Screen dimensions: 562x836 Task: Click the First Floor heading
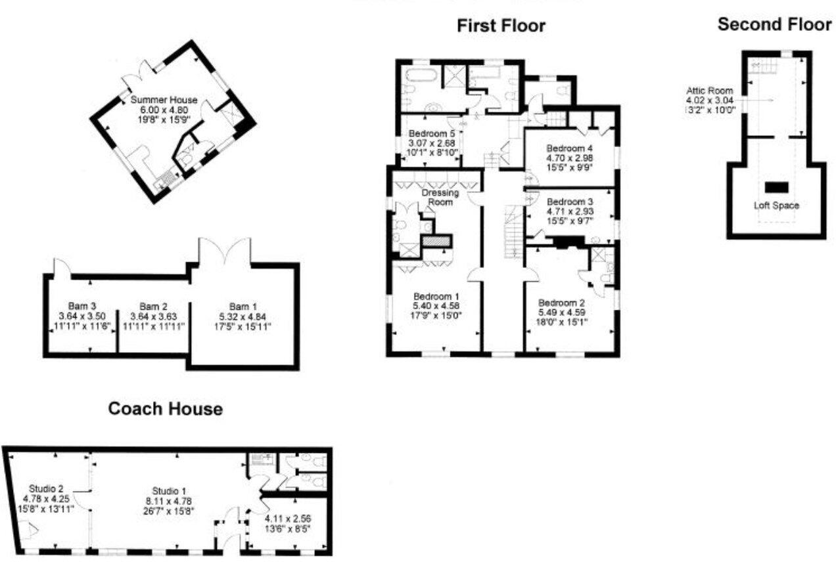point(501,26)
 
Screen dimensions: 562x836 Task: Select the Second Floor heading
point(774,25)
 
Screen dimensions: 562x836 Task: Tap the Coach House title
point(165,409)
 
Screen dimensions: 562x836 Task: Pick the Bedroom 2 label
point(561,303)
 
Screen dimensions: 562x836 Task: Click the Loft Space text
point(776,205)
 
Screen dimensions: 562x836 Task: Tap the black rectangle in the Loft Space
point(776,186)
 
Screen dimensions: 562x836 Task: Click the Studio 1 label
point(170,490)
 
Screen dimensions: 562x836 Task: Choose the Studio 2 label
point(46,488)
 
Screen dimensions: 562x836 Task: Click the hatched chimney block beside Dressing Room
point(437,242)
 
